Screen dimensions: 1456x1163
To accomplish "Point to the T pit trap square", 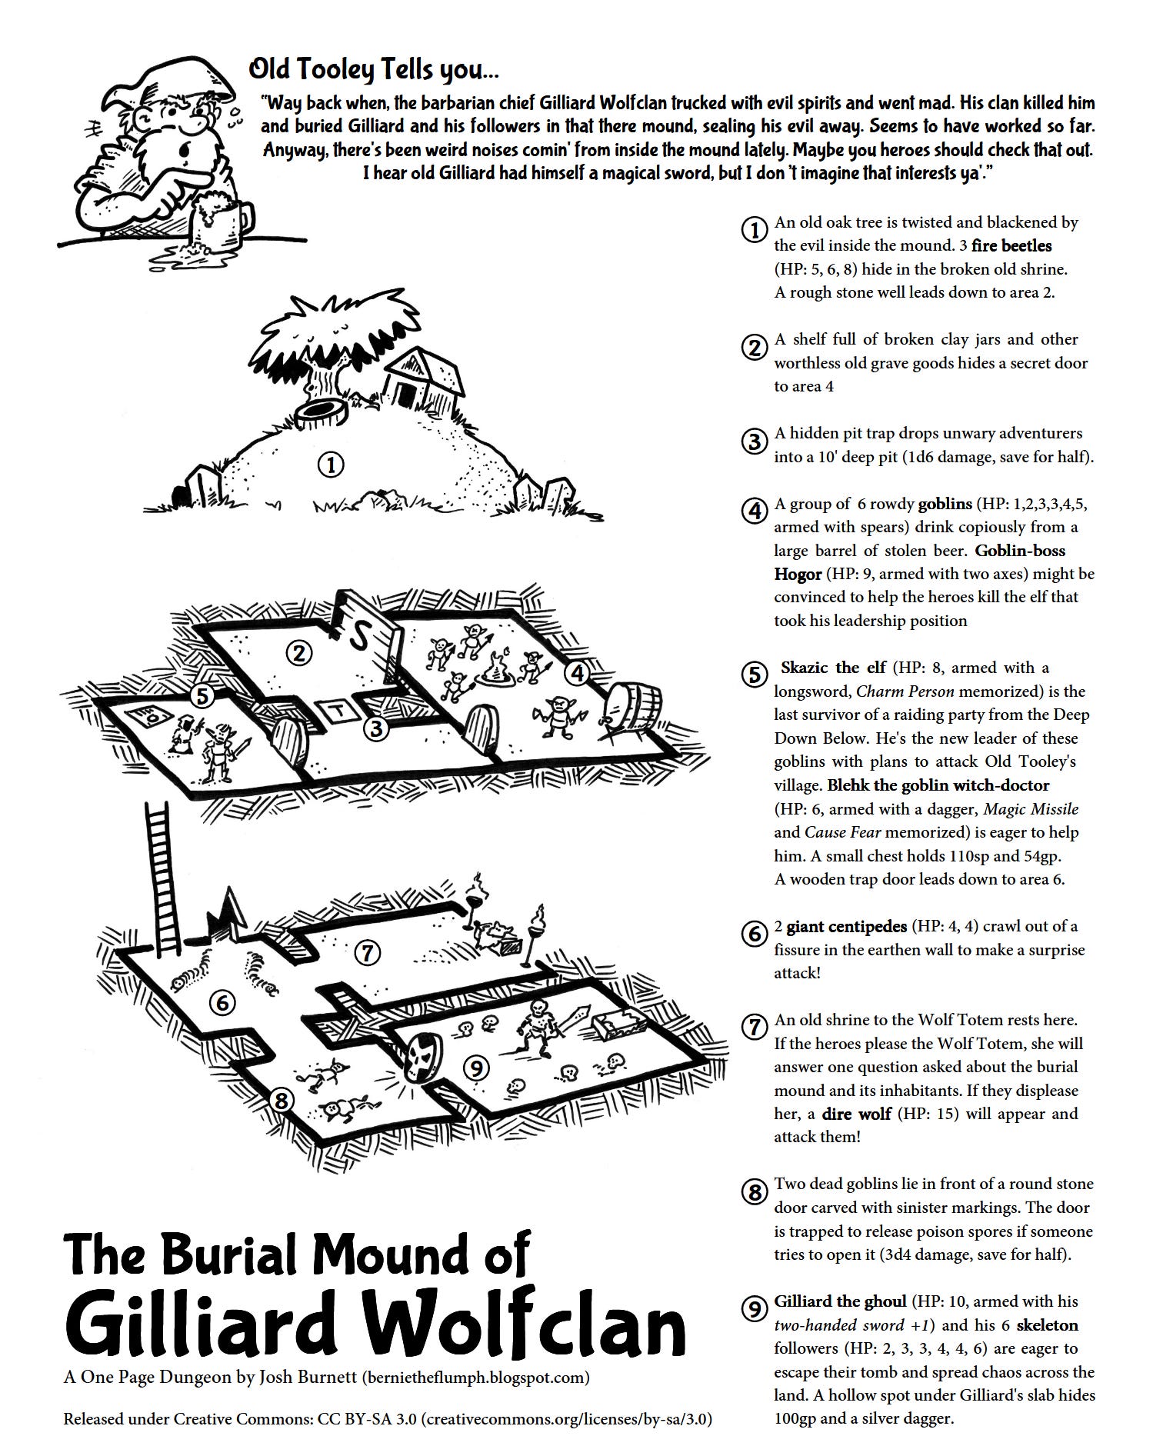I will tap(338, 709).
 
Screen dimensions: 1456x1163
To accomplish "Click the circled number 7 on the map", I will tap(368, 954).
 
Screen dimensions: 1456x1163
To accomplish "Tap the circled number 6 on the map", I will tap(222, 1003).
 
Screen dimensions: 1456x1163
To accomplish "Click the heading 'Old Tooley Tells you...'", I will tap(374, 71).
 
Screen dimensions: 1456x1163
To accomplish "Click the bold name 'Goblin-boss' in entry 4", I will tap(1020, 551).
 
